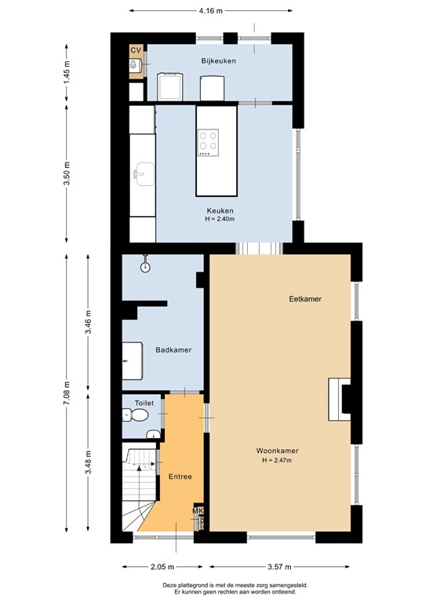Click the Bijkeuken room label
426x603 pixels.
coord(218,60)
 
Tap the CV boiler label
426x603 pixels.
coord(136,50)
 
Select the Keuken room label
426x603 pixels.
coord(220,210)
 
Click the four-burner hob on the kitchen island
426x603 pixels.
coord(209,142)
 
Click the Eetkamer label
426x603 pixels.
coord(305,299)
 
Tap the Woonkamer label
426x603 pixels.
coord(278,451)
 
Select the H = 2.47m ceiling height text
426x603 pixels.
coord(278,460)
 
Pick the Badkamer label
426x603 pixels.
coord(173,350)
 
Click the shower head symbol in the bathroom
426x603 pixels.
coord(145,267)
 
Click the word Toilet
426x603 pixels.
coord(144,403)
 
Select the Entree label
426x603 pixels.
coord(180,477)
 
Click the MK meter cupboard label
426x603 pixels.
coord(198,512)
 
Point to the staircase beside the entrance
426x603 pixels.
coord(140,487)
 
